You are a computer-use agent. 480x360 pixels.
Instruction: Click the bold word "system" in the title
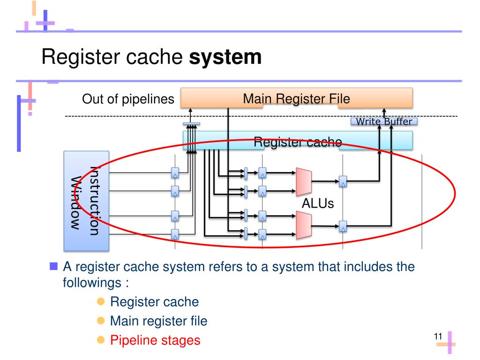[225, 58]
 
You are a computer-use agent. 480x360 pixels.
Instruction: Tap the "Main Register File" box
[296, 98]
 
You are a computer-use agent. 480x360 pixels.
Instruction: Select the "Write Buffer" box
[384, 122]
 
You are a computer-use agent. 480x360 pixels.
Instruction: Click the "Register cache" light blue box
[298, 141]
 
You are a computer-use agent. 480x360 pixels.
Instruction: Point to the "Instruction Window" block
[86, 201]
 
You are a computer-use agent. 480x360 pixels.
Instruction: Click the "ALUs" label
[318, 204]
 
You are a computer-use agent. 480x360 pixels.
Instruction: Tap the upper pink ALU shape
[304, 181]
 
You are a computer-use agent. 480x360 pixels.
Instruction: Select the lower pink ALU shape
[304, 224]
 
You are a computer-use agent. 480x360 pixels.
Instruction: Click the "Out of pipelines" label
[128, 99]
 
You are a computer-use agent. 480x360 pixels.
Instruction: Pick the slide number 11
[438, 336]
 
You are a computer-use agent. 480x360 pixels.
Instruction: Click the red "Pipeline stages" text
[155, 340]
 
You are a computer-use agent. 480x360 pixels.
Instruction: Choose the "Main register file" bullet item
[158, 321]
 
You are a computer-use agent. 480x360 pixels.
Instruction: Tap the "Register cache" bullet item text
[154, 302]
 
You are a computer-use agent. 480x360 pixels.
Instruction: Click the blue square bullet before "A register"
[53, 267]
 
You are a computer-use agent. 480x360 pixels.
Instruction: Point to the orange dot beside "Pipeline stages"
[100, 340]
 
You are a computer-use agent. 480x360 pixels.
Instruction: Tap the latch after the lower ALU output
[343, 225]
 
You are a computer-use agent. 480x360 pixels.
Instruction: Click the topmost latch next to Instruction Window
[175, 172]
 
